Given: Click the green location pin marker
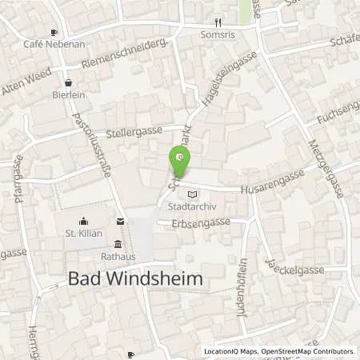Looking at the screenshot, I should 181,162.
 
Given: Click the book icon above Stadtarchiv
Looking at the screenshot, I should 190,194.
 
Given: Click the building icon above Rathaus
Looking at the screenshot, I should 118,244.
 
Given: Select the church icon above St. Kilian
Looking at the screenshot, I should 82,221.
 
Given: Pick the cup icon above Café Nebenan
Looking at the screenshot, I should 54,33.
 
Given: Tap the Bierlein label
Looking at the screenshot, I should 69,93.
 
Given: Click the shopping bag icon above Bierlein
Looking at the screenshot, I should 69,81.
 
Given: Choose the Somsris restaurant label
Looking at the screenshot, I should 218,34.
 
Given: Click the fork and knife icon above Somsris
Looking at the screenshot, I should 218,22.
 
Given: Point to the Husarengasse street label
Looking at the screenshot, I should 272,182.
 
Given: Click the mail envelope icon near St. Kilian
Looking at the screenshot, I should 120,221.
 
